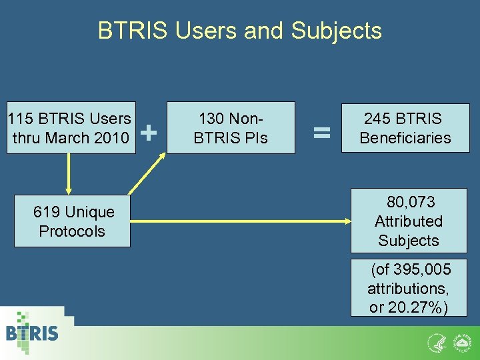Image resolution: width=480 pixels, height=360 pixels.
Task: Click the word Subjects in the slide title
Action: pyautogui.click(x=337, y=31)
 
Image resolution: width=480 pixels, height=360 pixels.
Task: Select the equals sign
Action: pyautogui.click(x=322, y=133)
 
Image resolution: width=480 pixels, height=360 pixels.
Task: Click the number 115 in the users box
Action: pyautogui.click(x=20, y=119)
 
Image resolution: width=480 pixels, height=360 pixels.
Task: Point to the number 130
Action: pyautogui.click(x=211, y=119)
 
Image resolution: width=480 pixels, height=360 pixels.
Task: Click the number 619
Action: pyautogui.click(x=47, y=212)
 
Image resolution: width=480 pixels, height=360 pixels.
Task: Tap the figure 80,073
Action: pyautogui.click(x=411, y=202)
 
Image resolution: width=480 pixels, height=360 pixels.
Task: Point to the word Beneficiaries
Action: pyautogui.click(x=405, y=138)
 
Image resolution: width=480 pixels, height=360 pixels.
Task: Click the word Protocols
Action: pyautogui.click(x=72, y=231)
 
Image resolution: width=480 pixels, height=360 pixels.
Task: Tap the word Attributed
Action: pyautogui.click(x=408, y=221)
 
